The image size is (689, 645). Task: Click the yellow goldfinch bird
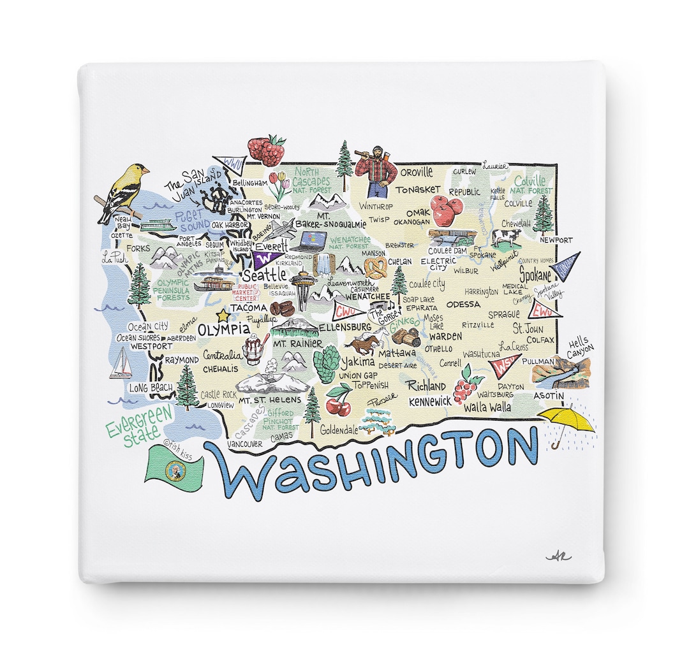coord(124,191)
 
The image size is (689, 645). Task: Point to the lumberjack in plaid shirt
coord(376,170)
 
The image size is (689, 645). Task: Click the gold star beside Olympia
coord(223,315)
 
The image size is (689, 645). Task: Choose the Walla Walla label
coord(487,407)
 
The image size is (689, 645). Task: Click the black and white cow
coord(506,238)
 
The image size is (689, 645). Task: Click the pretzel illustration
coord(376,266)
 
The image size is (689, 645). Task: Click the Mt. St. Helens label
coord(261,400)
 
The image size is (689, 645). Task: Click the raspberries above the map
coord(266,150)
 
